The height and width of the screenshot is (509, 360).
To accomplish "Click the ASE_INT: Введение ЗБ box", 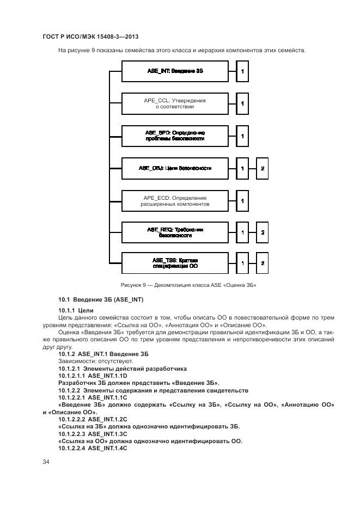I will point(175,71).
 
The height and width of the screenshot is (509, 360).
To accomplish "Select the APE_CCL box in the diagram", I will point(175,103).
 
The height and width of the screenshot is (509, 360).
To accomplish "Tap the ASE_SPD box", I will point(175,136).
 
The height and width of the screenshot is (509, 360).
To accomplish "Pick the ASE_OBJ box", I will point(175,168).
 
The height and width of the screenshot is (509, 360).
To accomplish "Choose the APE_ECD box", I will point(175,201).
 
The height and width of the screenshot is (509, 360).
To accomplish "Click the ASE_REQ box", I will point(175,232).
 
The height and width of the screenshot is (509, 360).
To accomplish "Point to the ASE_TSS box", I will point(175,263).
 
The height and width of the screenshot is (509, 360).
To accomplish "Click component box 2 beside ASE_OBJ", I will point(262,168).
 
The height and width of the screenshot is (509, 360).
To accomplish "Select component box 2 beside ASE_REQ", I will point(262,232).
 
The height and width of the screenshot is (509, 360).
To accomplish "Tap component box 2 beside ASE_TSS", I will point(262,263).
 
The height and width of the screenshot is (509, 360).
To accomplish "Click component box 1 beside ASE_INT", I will point(242,71).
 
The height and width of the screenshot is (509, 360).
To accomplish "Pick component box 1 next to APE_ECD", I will point(242,201).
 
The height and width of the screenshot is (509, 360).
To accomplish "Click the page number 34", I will point(46,462).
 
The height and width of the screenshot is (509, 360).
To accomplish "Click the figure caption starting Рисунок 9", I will point(188,285).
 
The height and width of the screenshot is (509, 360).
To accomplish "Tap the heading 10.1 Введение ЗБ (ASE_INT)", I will point(101,300).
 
